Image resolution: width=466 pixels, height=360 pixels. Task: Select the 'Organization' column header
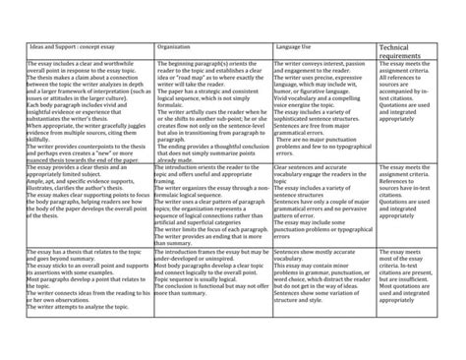pos(176,49)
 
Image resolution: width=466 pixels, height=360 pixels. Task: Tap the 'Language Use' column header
pos(294,49)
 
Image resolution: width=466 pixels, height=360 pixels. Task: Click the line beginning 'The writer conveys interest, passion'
pos(320,62)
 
